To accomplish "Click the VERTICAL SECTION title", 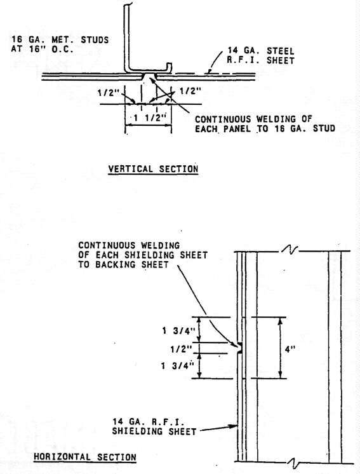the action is pyautogui.click(x=153, y=168).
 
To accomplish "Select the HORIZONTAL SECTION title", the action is pyautogui.click(x=85, y=457).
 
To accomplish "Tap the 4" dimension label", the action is pyautogui.click(x=290, y=349).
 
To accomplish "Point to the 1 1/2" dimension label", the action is pyautogui.click(x=150, y=118).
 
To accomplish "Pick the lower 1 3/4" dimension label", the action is pyautogui.click(x=178, y=366).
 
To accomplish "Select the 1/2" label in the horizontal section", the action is pyautogui.click(x=181, y=349).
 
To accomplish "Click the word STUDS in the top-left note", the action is pyautogui.click(x=95, y=39).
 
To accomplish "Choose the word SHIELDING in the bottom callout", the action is pyautogui.click(x=137, y=431).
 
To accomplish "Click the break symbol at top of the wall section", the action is pyautogui.click(x=290, y=250).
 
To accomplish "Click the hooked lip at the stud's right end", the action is pyautogui.click(x=169, y=67).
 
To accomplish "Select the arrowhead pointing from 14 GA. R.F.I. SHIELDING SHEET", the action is pyautogui.click(x=234, y=426).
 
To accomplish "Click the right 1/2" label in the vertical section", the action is pyautogui.click(x=190, y=91).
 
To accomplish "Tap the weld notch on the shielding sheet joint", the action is pyautogui.click(x=240, y=348).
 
